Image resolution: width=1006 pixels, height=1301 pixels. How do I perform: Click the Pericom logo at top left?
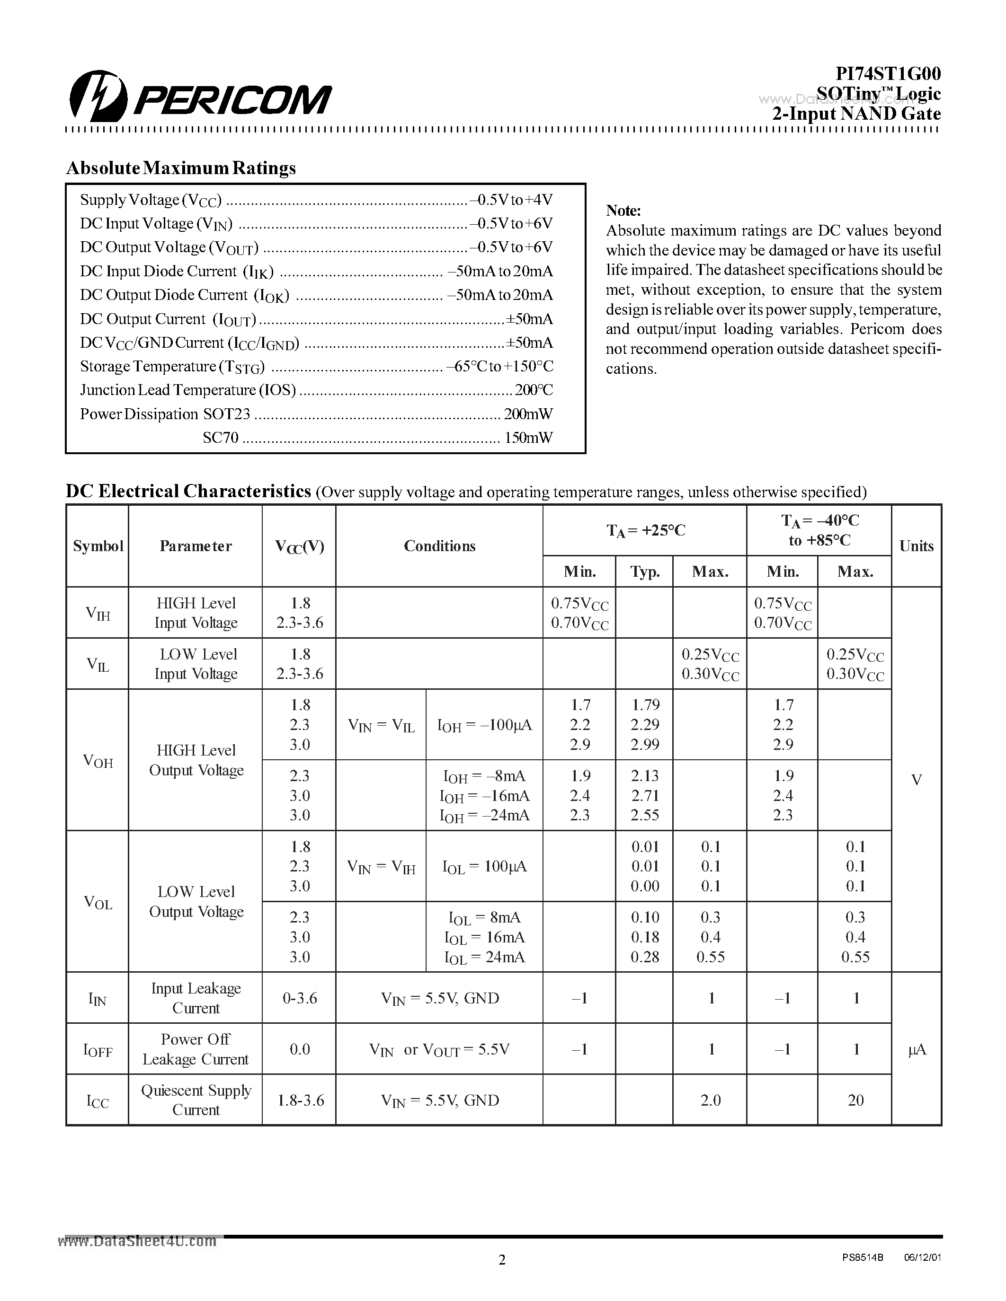(200, 97)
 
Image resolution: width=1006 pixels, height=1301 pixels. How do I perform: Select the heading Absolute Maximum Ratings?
(180, 168)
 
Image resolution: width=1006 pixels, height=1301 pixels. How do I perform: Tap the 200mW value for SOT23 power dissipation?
(528, 414)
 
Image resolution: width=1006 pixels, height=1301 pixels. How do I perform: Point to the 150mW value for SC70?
(528, 438)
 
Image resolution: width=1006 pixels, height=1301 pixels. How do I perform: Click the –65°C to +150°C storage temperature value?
(499, 366)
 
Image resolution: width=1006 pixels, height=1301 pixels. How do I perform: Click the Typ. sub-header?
(645, 572)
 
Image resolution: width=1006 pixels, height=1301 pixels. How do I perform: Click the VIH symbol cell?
(98, 613)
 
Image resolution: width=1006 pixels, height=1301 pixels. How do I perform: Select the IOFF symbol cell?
(98, 1050)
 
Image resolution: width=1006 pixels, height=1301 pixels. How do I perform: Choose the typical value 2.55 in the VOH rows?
(645, 816)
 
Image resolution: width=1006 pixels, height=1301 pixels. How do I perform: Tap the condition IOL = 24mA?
(484, 957)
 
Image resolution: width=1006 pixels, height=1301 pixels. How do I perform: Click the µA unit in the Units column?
(917, 1050)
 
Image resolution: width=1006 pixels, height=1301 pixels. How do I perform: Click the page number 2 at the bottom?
(502, 1260)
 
